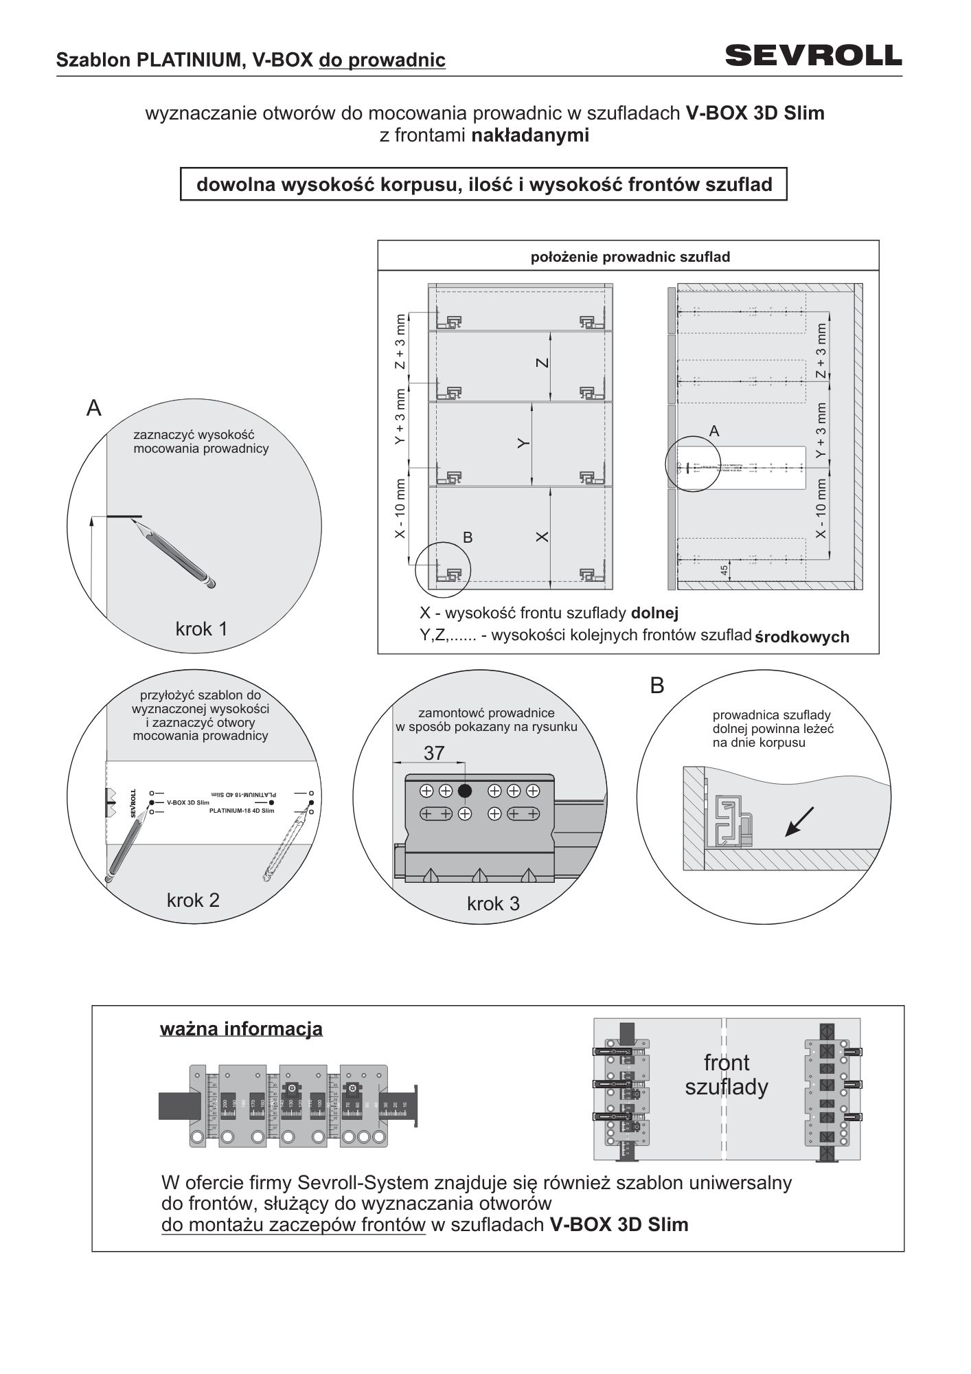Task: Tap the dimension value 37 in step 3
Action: [434, 754]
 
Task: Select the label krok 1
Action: [201, 629]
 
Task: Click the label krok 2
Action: [193, 900]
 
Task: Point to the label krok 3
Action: [493, 904]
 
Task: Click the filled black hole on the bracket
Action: [465, 791]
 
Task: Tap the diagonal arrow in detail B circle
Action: [799, 822]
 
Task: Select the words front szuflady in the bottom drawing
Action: [727, 1075]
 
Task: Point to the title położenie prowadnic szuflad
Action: [630, 258]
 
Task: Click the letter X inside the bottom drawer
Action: [542, 537]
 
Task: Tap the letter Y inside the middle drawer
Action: [523, 444]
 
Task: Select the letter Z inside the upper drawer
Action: [542, 363]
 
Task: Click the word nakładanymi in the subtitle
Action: [530, 135]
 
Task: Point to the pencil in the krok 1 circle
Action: [177, 554]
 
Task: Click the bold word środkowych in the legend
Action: [802, 637]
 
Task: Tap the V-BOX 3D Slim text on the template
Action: [187, 802]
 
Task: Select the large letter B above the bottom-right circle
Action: [657, 686]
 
